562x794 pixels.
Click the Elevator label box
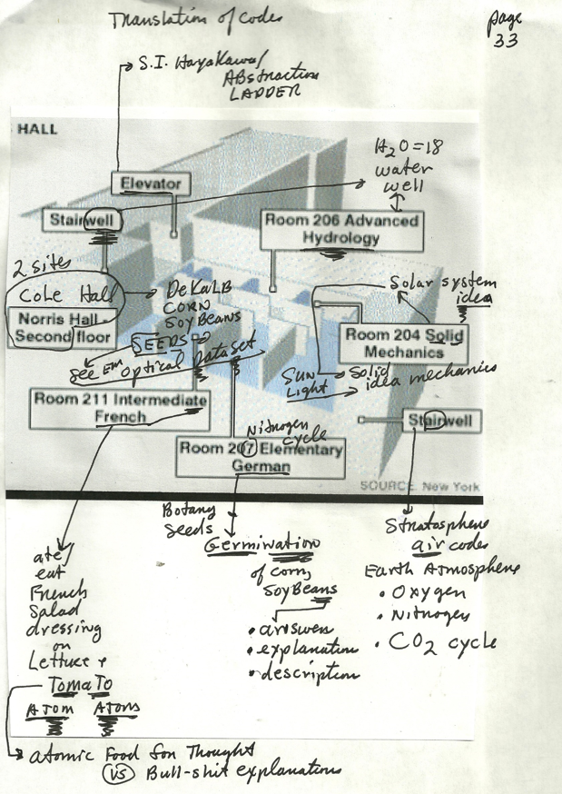pos(152,184)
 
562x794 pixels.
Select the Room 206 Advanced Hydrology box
pos(341,230)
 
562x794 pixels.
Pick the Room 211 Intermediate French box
pos(120,408)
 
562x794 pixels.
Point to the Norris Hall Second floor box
pos(60,328)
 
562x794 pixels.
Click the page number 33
pos(506,42)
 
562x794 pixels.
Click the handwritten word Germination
pos(263,545)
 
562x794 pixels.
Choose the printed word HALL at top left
pos(36,129)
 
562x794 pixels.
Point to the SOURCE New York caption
pos(419,486)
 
